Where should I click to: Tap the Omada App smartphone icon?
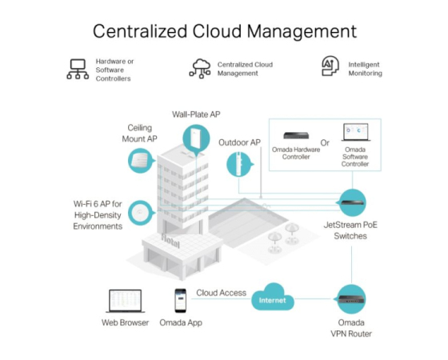(x=181, y=300)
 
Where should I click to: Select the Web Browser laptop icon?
(x=125, y=301)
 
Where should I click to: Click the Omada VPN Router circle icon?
(x=351, y=299)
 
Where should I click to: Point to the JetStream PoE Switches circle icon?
(x=352, y=202)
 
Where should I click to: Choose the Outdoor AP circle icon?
(x=239, y=164)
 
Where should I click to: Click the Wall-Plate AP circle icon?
(x=196, y=139)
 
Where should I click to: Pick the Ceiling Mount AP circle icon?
(x=141, y=161)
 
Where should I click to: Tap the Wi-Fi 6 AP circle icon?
(x=141, y=213)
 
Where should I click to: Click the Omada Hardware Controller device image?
(x=296, y=135)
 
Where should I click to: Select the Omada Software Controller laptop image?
(x=356, y=132)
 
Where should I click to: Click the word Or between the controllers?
(x=325, y=143)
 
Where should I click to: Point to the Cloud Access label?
(x=221, y=293)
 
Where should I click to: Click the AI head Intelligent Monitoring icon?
(x=330, y=66)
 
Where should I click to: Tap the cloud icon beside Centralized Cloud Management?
(x=200, y=69)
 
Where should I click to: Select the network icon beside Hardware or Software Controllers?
(x=78, y=69)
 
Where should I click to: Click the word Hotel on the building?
(x=170, y=241)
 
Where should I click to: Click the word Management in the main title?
(x=302, y=31)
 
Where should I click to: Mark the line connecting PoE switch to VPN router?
(x=351, y=265)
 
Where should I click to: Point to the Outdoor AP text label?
(x=239, y=142)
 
